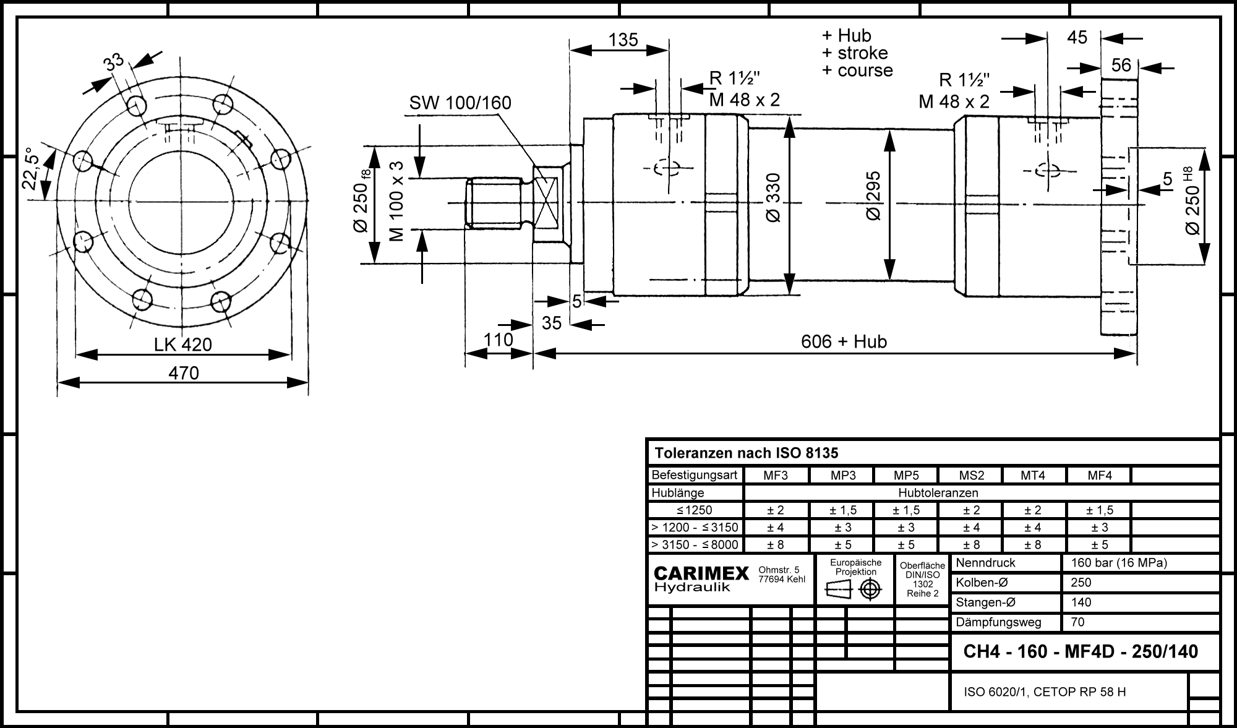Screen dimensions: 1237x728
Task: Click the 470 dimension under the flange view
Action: [184, 373]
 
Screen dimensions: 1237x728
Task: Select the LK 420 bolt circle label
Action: [183, 345]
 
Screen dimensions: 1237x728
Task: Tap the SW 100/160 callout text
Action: [460, 103]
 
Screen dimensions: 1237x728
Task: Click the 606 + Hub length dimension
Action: [844, 341]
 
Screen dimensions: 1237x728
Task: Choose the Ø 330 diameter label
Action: [773, 197]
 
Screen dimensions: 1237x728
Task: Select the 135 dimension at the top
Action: [623, 40]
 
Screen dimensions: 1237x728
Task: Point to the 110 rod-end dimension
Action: [499, 340]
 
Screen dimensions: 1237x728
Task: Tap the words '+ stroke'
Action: [855, 53]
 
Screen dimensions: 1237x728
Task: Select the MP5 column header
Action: [906, 476]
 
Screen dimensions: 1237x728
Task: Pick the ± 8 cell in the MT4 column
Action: [1032, 545]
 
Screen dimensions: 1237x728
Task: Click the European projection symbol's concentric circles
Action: [870, 589]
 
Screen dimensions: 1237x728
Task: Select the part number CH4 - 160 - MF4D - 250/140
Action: [1081, 651]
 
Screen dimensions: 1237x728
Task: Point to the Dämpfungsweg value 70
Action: [1077, 622]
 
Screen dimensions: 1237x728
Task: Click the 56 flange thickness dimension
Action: [1121, 66]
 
